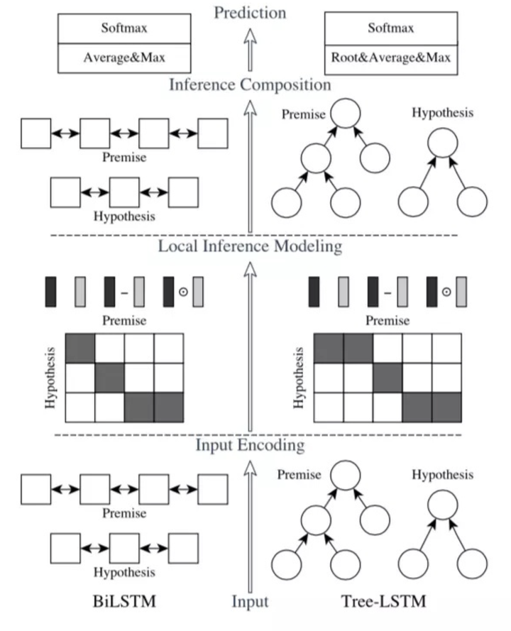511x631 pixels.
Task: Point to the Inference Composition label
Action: click(249, 85)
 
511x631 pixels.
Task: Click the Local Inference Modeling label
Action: click(249, 246)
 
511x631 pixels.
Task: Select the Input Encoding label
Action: click(249, 445)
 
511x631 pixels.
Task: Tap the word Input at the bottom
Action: click(249, 602)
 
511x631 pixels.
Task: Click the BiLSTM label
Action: click(123, 602)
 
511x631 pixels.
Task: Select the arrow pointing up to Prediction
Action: click(249, 50)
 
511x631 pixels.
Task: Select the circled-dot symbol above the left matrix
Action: click(182, 292)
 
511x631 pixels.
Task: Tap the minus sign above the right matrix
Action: click(388, 292)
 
